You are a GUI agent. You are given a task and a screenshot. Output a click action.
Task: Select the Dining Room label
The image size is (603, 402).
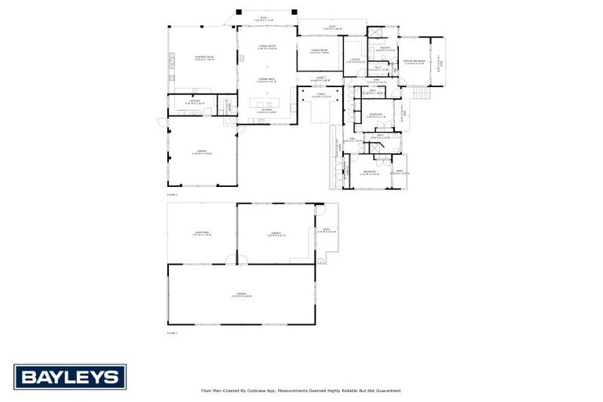(x=267, y=46)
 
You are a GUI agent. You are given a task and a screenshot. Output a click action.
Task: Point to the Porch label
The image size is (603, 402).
(x=321, y=94)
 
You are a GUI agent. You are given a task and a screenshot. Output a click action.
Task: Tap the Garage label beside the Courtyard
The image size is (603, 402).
(x=276, y=233)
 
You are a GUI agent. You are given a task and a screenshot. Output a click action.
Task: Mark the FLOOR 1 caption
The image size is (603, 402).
(x=172, y=332)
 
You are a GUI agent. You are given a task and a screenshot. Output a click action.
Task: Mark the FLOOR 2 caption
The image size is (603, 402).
(x=172, y=193)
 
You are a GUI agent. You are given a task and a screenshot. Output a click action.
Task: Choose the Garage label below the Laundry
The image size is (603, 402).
(x=201, y=152)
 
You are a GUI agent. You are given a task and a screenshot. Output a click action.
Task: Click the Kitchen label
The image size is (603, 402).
(x=267, y=111)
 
